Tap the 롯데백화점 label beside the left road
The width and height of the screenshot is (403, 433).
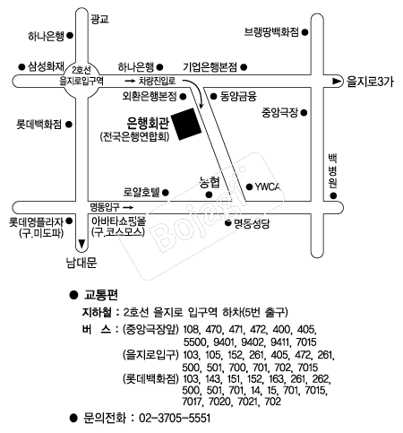(x=39, y=125)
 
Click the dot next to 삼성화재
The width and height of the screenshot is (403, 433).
(x=21, y=66)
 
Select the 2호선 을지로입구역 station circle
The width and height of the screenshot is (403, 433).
(x=81, y=81)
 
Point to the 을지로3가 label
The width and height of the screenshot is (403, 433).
(x=370, y=82)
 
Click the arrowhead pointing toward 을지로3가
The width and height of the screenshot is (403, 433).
(x=337, y=81)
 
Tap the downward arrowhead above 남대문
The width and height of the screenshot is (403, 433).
(x=81, y=244)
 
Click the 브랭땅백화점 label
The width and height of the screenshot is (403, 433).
(x=271, y=32)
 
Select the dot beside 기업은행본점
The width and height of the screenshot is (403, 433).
(x=244, y=67)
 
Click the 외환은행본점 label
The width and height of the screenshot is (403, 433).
(x=150, y=96)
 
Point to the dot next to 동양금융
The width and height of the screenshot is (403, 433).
(x=213, y=96)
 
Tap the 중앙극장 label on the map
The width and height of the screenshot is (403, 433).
(x=280, y=113)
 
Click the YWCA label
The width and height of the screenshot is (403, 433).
(x=268, y=187)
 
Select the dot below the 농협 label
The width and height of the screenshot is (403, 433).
(x=209, y=195)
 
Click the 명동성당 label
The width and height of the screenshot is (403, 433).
(x=252, y=223)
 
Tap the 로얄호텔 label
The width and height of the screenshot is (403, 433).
(x=141, y=192)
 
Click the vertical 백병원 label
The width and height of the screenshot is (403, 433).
(x=333, y=171)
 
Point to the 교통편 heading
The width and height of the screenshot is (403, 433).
(x=101, y=295)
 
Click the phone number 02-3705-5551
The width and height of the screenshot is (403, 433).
(x=175, y=418)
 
